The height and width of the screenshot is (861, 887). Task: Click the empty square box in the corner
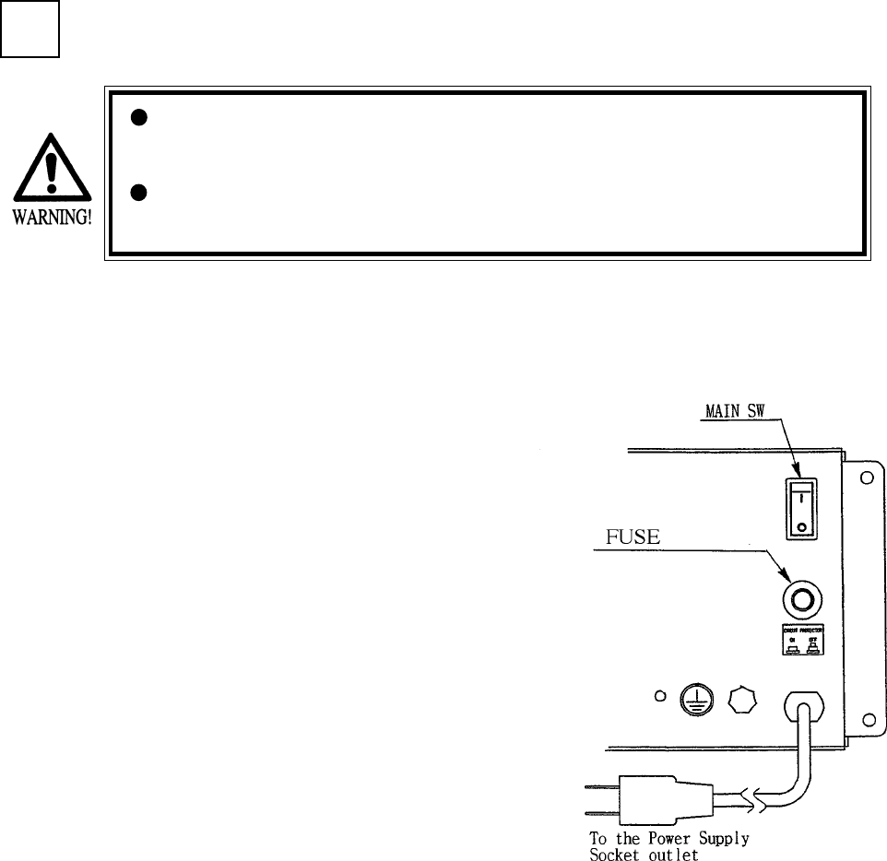(30, 29)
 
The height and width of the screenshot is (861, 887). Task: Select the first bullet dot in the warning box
(139, 117)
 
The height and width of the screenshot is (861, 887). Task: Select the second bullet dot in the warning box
(139, 193)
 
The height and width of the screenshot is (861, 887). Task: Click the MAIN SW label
(729, 410)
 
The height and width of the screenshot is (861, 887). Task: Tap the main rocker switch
(800, 508)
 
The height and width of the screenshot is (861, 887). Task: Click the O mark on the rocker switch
(800, 527)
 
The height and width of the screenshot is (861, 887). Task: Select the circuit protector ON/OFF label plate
(800, 639)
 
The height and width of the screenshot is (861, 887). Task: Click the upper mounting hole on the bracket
(867, 479)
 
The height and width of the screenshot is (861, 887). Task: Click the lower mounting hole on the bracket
(867, 718)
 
